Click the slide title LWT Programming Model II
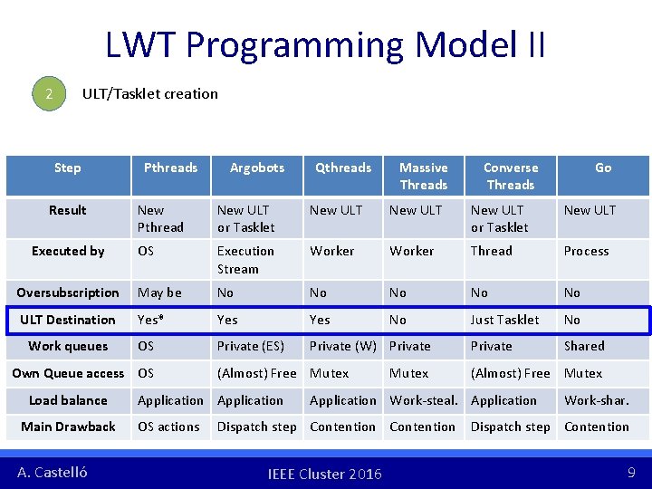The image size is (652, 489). click(x=325, y=44)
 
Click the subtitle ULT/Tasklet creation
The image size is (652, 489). click(x=149, y=93)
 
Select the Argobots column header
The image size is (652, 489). click(x=256, y=168)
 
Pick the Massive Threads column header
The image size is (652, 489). click(x=423, y=176)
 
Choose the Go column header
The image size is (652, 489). click(x=602, y=168)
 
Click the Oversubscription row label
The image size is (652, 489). click(x=68, y=292)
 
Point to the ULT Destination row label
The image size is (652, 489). click(x=68, y=320)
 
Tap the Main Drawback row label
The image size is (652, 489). click(x=68, y=427)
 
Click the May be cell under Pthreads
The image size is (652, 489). click(x=159, y=292)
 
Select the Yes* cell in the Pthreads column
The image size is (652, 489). click(x=151, y=320)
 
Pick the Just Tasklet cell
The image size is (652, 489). click(x=504, y=320)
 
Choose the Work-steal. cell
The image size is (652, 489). click(x=423, y=400)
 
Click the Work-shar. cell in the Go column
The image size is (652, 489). click(x=596, y=400)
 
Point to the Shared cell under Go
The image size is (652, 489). click(x=584, y=346)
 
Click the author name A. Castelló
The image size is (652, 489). click(x=53, y=472)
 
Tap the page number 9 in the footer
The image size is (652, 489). click(x=630, y=472)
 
